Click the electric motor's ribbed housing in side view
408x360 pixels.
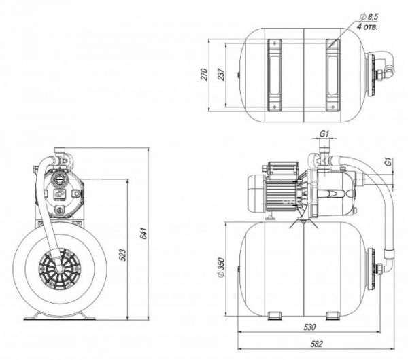pyautogui.click(x=279, y=192)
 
